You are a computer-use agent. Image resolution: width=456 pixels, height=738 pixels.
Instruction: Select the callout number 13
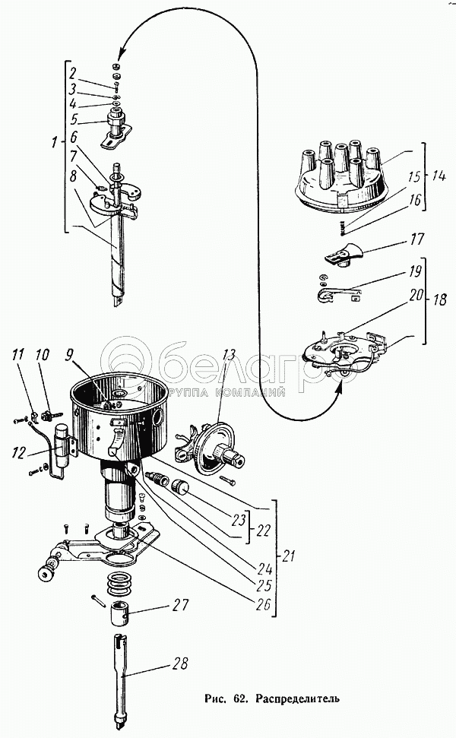pyautogui.click(x=230, y=354)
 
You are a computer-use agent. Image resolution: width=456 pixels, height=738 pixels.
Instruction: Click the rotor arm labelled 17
pyautogui.click(x=344, y=254)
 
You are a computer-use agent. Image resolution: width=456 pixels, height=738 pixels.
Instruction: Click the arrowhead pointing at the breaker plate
pyautogui.click(x=339, y=391)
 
